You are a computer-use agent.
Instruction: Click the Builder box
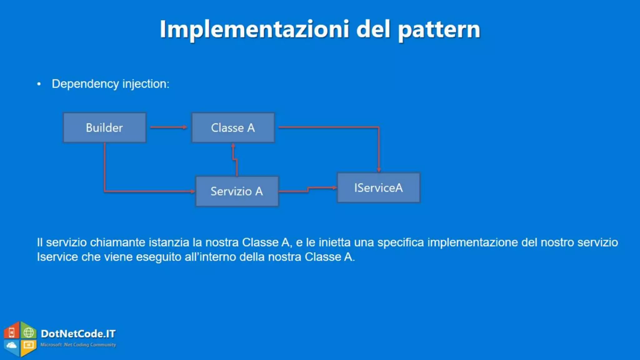(x=104, y=127)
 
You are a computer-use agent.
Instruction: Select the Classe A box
(x=233, y=127)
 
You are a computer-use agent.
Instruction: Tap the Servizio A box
(x=237, y=191)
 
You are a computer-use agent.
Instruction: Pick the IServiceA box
(x=378, y=187)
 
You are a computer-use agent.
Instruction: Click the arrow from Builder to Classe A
(x=169, y=127)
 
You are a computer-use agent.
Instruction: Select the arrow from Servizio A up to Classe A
(x=235, y=159)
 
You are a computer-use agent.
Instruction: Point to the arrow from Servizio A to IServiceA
(x=308, y=189)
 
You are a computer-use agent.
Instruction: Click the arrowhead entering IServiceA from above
(x=379, y=170)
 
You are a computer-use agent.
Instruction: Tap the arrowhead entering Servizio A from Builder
(x=193, y=191)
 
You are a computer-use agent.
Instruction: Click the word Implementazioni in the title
(x=254, y=29)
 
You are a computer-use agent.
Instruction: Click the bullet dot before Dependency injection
(x=39, y=84)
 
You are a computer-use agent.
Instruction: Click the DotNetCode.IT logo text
(x=78, y=334)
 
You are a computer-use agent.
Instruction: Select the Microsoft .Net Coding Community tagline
(x=78, y=345)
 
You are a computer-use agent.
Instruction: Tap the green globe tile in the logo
(x=29, y=332)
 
